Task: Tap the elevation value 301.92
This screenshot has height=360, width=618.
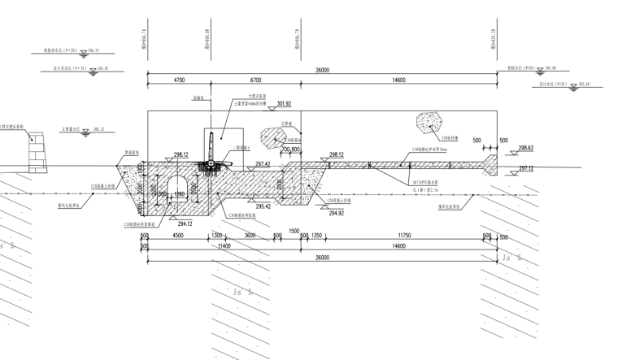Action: pyautogui.click(x=284, y=104)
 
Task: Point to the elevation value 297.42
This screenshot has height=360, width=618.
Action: pyautogui.click(x=263, y=164)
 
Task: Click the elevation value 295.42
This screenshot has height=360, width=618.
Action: pyautogui.click(x=263, y=208)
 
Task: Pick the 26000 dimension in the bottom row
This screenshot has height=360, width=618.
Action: pyautogui.click(x=322, y=258)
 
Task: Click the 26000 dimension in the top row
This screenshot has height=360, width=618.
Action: pyautogui.click(x=322, y=71)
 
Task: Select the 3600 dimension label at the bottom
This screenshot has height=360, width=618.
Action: pyautogui.click(x=250, y=236)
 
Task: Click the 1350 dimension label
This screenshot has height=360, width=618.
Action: pyautogui.click(x=318, y=236)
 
